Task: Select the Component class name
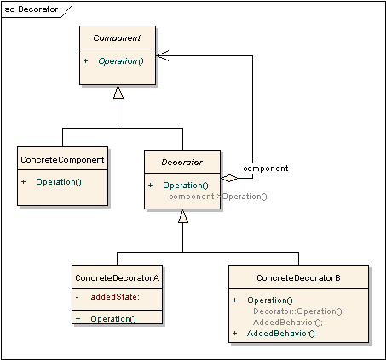click(118, 39)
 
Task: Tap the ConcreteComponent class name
click(62, 159)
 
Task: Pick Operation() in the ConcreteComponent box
click(58, 181)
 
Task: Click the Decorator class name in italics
click(182, 160)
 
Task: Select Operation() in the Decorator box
click(185, 185)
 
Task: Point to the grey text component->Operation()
click(217, 197)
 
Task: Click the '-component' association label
click(263, 168)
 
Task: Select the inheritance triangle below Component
click(118, 92)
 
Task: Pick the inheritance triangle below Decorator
click(183, 216)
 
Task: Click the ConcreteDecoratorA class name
click(117, 277)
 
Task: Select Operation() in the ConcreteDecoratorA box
click(112, 318)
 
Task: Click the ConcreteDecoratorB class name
click(298, 277)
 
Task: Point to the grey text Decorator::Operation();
click(298, 311)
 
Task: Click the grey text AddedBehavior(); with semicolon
click(288, 322)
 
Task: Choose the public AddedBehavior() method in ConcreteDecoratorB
click(281, 333)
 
